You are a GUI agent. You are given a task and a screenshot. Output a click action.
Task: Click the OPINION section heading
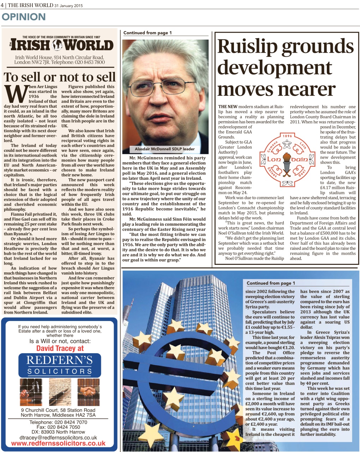coord(24,17)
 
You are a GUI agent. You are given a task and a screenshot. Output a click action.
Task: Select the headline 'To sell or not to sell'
coord(59,77)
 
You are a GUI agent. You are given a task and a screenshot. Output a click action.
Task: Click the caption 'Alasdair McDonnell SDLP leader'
coord(164,149)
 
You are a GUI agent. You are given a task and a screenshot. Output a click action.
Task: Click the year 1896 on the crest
coord(287,136)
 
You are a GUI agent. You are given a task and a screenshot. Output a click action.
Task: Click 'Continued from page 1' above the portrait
coord(148,33)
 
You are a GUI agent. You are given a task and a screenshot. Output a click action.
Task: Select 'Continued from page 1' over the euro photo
coord(271,283)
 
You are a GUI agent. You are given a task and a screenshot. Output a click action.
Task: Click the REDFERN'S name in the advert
coord(59,360)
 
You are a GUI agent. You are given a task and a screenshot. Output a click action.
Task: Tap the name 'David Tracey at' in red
coord(60,349)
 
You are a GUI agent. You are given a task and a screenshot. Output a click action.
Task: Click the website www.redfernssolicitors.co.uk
coord(59,444)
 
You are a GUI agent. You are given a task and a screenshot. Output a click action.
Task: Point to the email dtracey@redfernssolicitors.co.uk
coord(58,437)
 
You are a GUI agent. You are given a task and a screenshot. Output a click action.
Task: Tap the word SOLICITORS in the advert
coord(60,371)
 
